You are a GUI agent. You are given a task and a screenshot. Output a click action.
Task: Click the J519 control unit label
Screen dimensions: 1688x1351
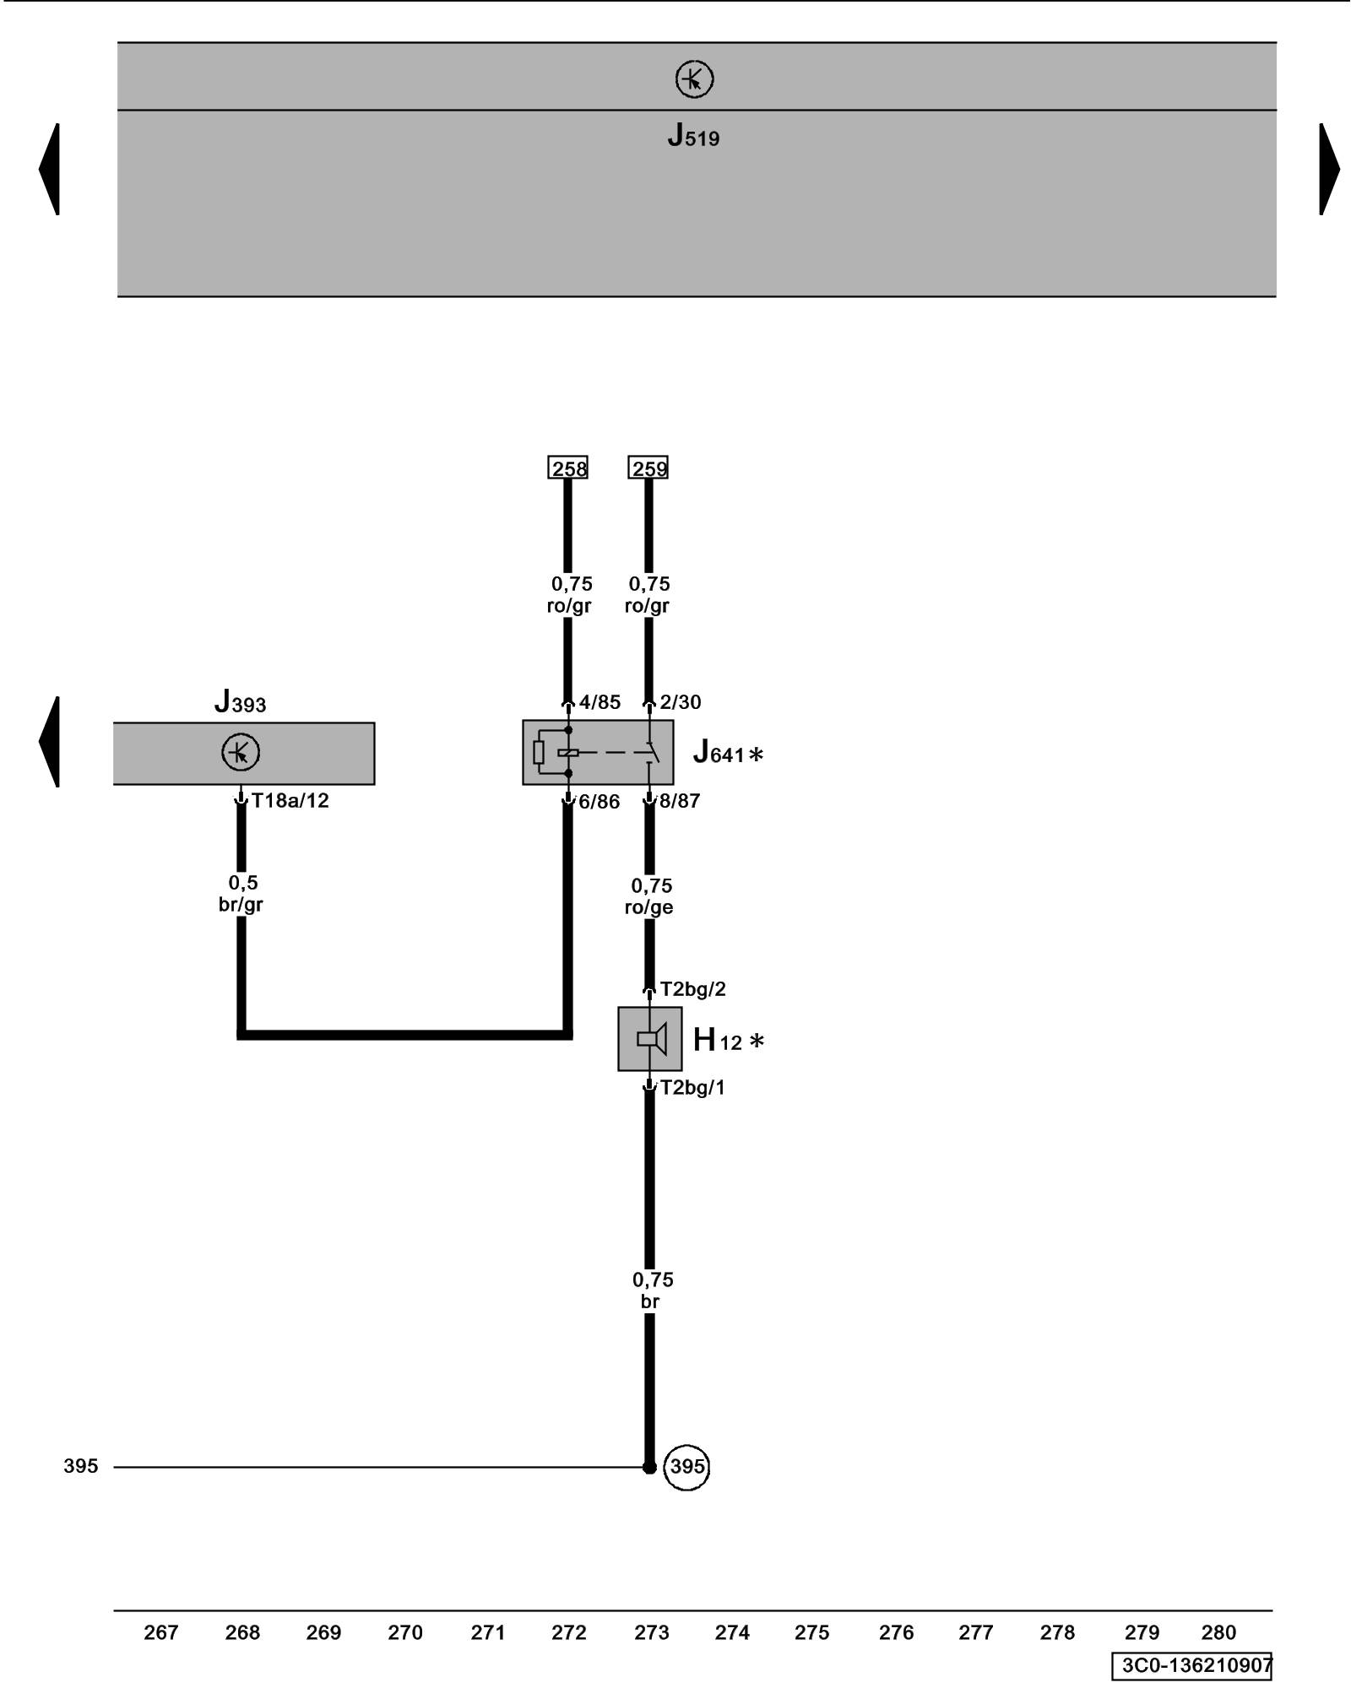point(693,136)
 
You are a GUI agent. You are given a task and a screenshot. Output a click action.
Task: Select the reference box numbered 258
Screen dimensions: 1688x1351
point(567,468)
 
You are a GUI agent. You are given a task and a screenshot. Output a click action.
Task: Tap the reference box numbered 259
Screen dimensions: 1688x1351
point(648,468)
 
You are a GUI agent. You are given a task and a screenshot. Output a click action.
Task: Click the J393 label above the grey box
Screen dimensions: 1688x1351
point(241,701)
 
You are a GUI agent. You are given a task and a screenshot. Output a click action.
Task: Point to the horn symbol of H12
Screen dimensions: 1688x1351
point(651,1038)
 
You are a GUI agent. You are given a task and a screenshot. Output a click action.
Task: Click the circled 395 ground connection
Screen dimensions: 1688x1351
point(686,1466)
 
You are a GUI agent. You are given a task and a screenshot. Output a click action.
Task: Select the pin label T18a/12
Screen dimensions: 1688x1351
point(290,800)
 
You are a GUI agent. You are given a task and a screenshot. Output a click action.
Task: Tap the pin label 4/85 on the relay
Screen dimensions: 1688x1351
point(600,702)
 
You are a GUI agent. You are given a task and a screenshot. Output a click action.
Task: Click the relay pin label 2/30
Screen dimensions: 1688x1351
point(680,702)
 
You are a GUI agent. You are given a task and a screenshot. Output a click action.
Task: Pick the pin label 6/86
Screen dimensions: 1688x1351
point(599,802)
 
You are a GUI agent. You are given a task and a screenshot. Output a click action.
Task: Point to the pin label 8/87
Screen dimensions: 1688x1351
point(680,801)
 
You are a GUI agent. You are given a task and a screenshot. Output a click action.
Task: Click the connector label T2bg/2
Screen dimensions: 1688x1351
point(692,988)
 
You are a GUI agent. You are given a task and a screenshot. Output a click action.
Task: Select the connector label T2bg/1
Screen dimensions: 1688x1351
point(692,1087)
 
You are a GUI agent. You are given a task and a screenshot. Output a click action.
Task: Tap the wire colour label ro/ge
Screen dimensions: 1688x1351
point(649,907)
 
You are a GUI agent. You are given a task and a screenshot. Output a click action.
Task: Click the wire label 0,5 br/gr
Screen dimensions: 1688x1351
point(241,894)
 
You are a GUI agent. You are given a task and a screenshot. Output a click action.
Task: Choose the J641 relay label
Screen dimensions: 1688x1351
point(726,752)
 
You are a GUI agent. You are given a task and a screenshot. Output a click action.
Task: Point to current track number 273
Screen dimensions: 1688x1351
point(651,1632)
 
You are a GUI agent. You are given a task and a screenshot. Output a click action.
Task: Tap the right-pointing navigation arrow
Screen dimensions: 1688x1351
point(1329,169)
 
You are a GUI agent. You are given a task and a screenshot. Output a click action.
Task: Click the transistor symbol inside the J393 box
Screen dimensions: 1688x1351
point(241,752)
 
